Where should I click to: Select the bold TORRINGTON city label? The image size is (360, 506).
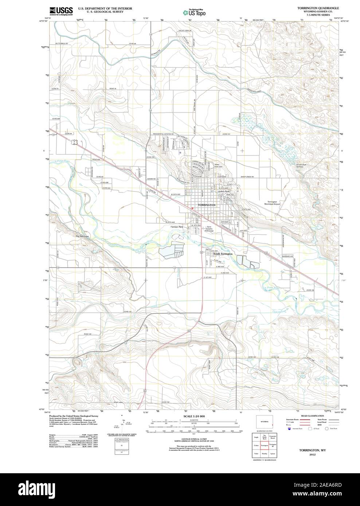tap(206, 205)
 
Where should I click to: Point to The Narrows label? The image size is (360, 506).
tap(82, 237)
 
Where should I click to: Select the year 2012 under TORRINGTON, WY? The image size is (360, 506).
tap(313, 455)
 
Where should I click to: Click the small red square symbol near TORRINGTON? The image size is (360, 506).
tap(192, 208)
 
